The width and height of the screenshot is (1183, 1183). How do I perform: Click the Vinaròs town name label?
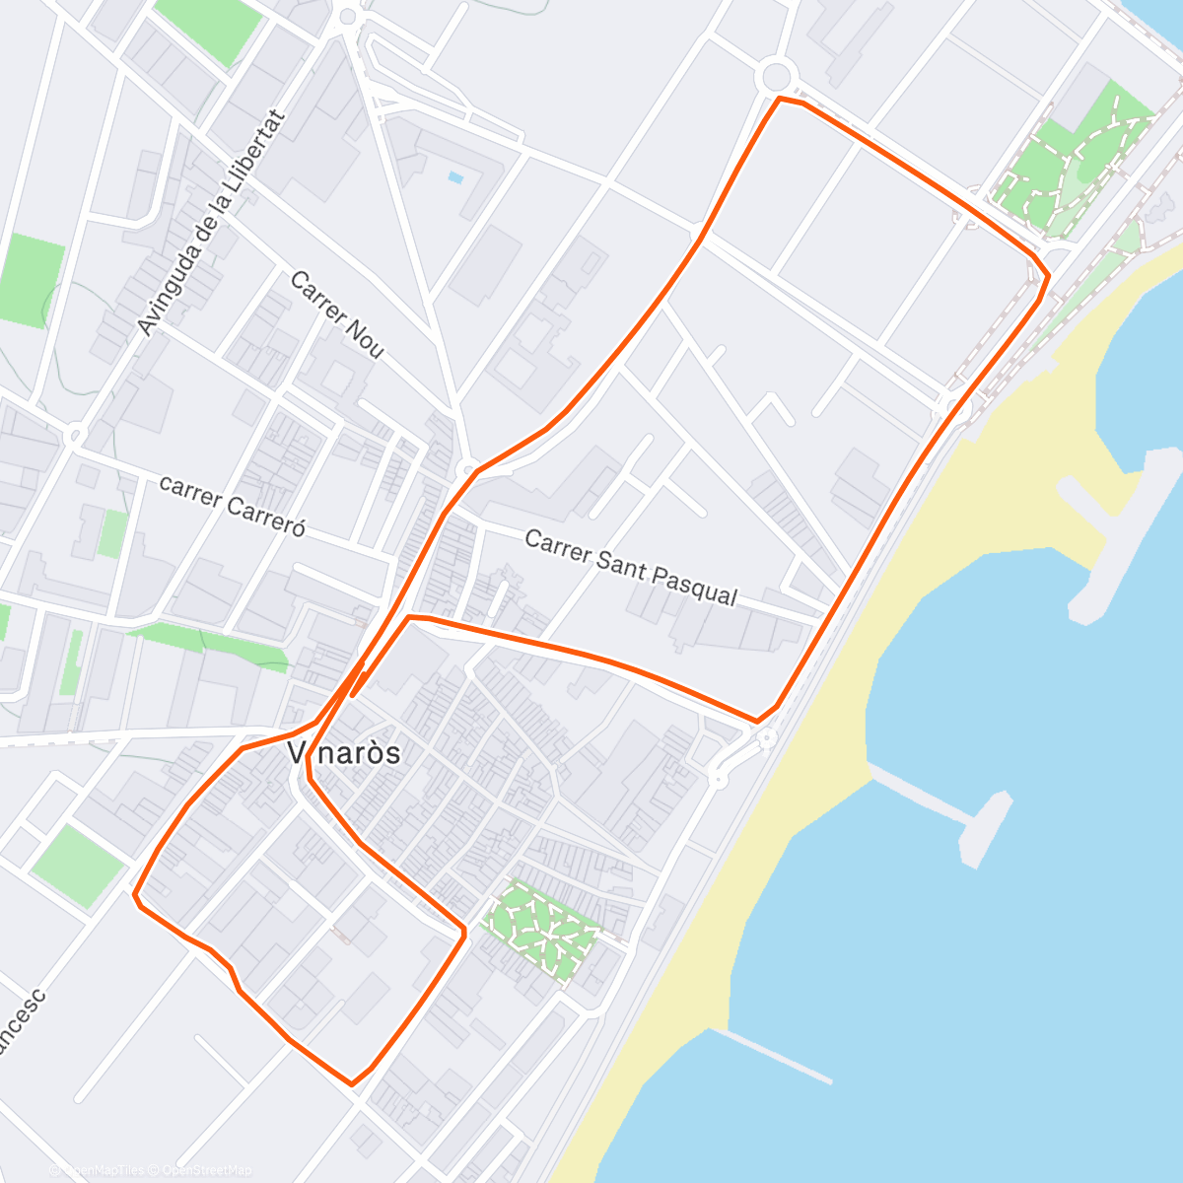click(344, 753)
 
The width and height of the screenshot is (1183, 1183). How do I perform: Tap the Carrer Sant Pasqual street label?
click(631, 568)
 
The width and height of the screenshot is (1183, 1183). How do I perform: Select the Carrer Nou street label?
click(336, 314)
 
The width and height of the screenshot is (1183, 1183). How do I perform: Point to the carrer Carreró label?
click(233, 506)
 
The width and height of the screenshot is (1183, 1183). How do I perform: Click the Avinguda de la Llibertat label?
click(210, 223)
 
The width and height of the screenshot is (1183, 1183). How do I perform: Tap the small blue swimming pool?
click(454, 177)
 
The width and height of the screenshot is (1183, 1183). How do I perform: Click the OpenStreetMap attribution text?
click(207, 1170)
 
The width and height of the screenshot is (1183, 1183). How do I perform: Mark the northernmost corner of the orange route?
click(780, 99)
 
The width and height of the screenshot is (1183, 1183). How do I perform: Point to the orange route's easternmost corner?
click(1047, 275)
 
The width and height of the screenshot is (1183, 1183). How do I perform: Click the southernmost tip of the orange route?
click(351, 1083)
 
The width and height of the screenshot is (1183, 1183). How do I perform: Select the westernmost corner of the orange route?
click(135, 895)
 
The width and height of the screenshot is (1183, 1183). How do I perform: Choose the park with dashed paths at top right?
click(1075, 163)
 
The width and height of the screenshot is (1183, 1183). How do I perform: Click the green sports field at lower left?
click(77, 865)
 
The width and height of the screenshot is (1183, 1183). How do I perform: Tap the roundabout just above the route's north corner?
click(776, 75)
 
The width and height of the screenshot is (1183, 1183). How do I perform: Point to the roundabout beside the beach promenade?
click(766, 737)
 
